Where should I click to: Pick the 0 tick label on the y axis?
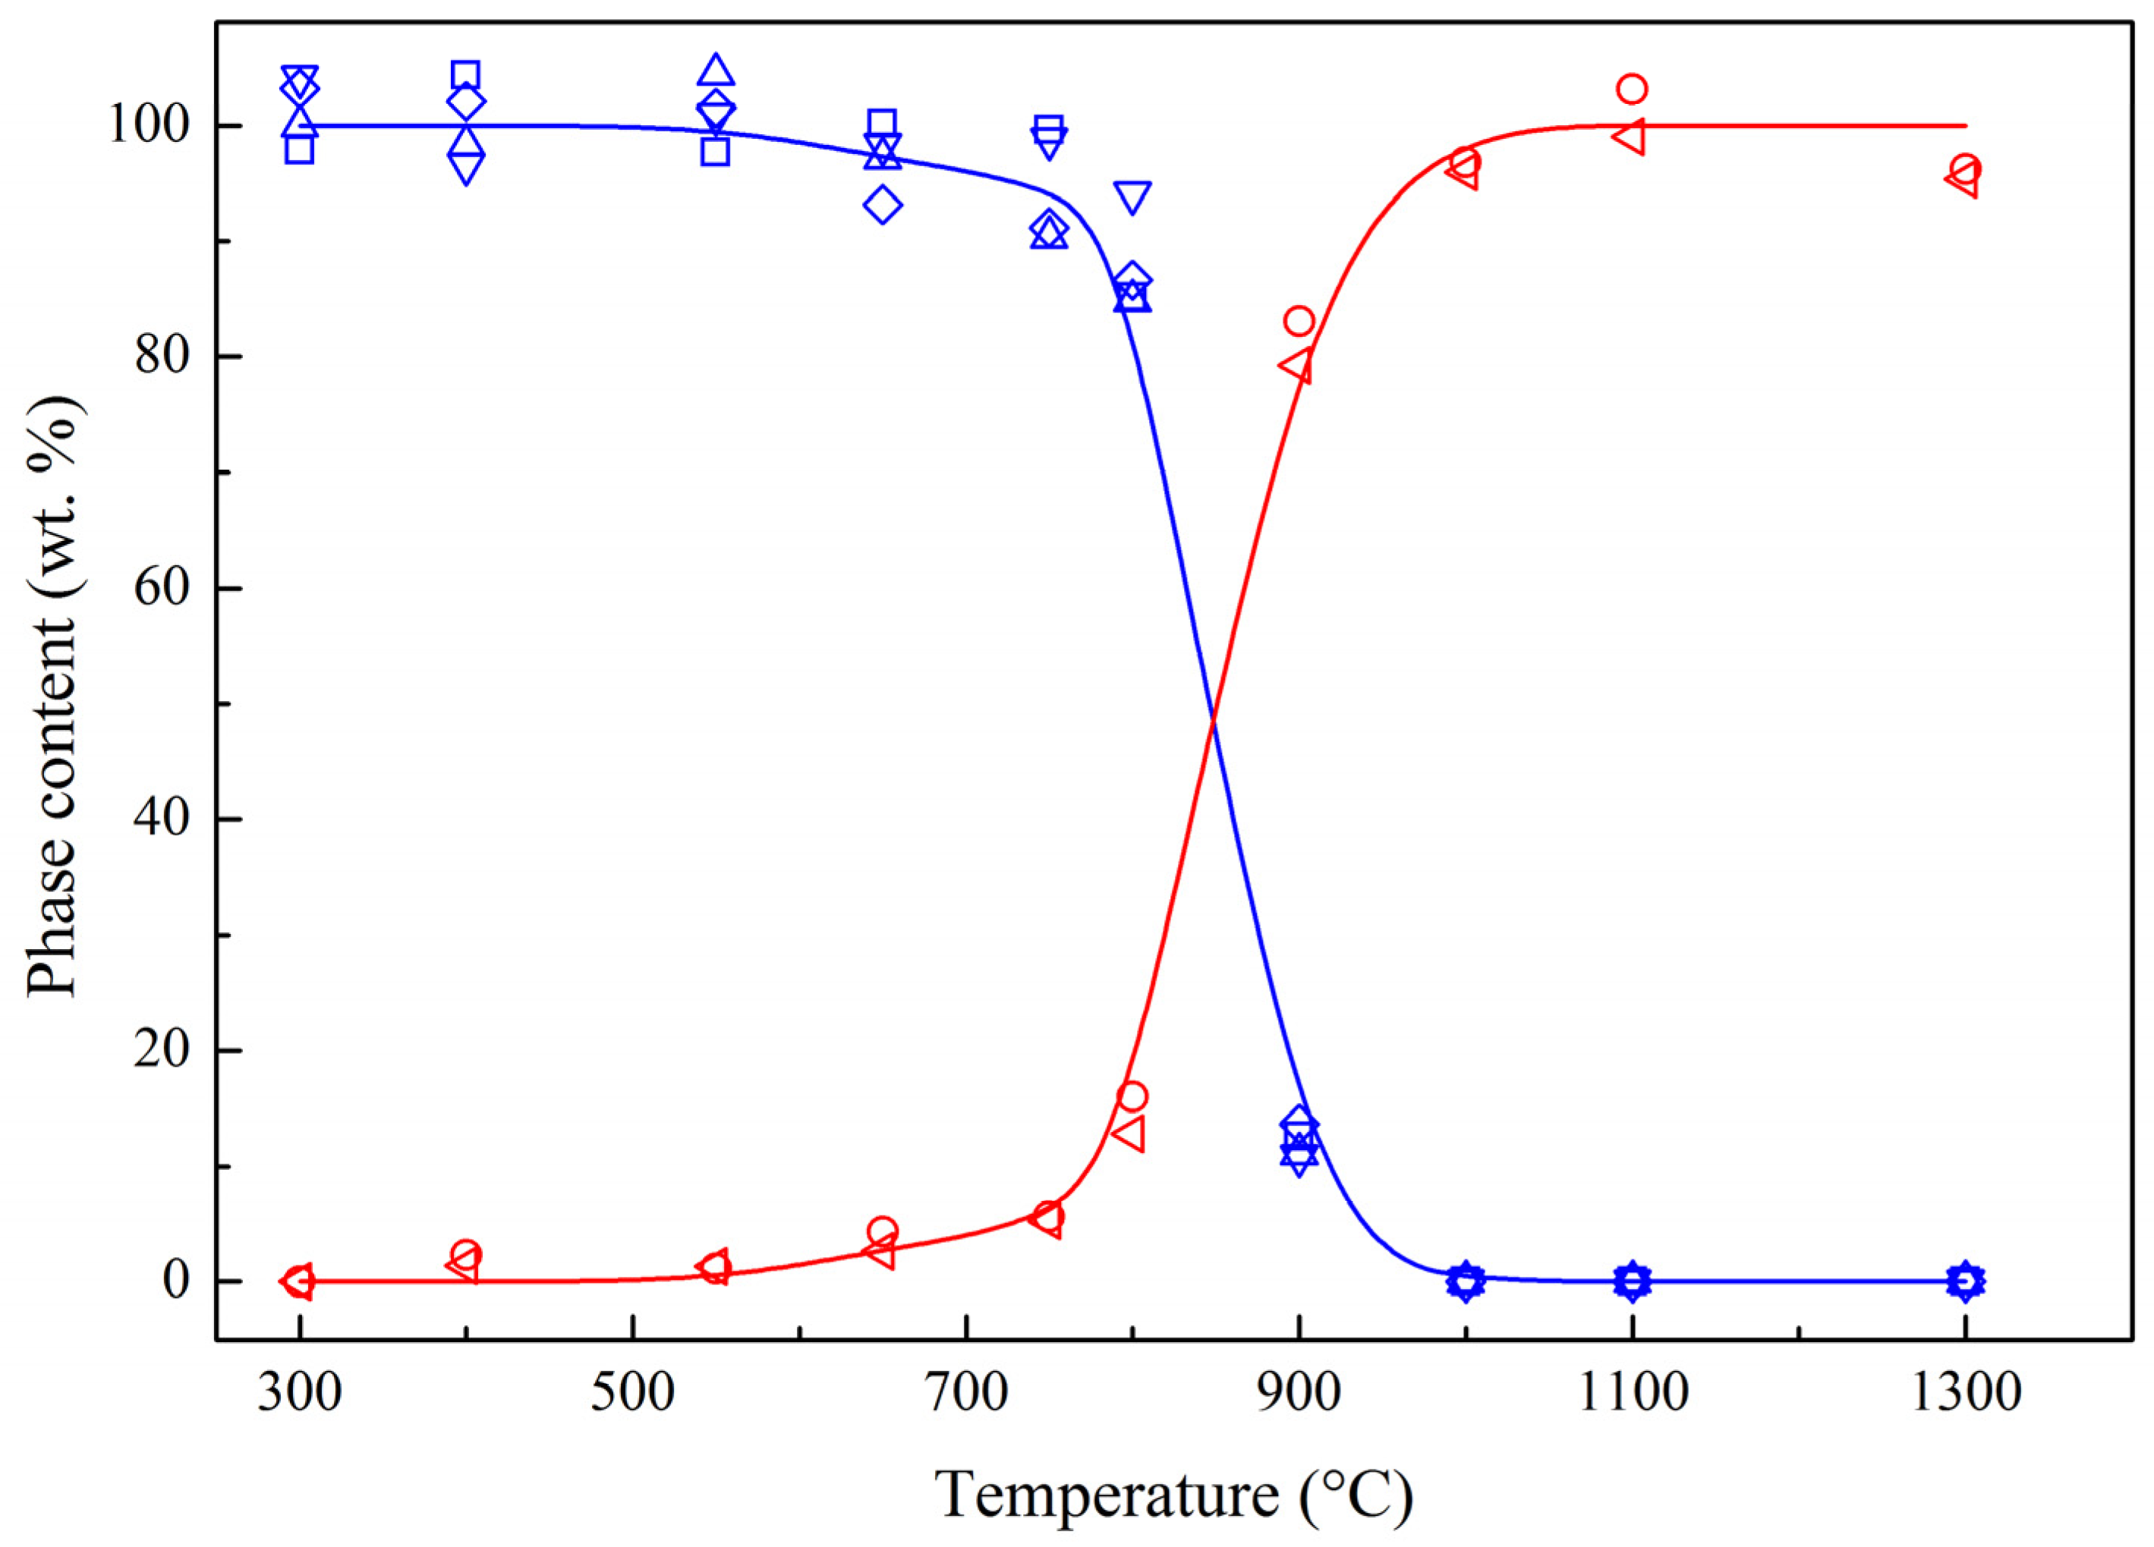click(175, 1281)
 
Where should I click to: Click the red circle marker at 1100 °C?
click(1632, 90)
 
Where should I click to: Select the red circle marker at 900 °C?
click(1299, 321)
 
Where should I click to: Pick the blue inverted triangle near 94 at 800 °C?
click(1133, 197)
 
